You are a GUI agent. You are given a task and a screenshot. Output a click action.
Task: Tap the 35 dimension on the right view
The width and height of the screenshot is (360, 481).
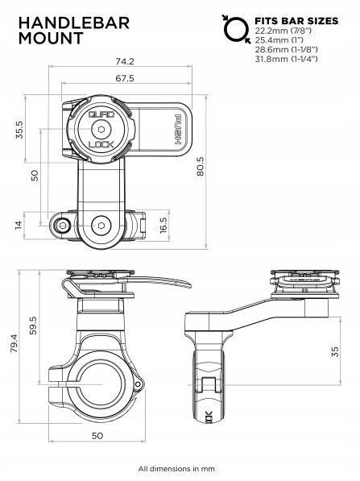pos(333,350)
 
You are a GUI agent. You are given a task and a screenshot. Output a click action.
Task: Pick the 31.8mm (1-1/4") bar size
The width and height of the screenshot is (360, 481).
pos(286,59)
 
